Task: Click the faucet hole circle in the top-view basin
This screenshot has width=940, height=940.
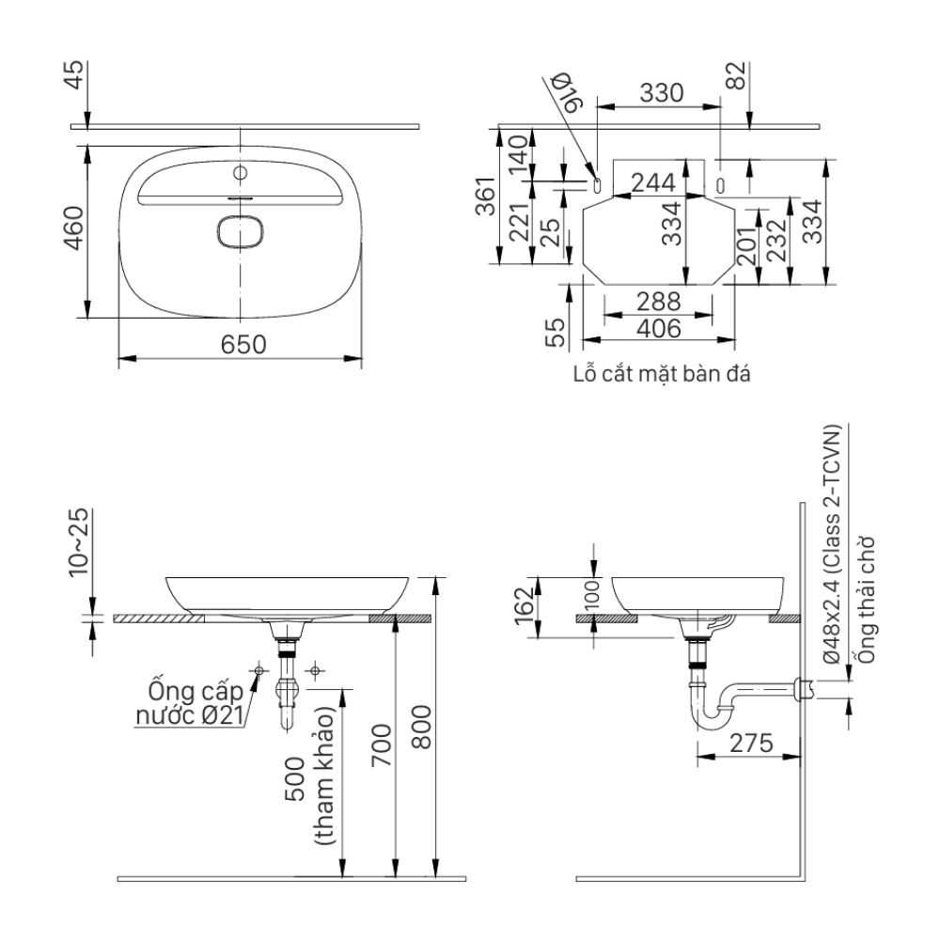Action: pyautogui.click(x=240, y=174)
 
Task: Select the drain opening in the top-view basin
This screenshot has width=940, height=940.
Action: pyautogui.click(x=242, y=232)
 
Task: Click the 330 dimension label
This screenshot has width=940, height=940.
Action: pyautogui.click(x=662, y=92)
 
